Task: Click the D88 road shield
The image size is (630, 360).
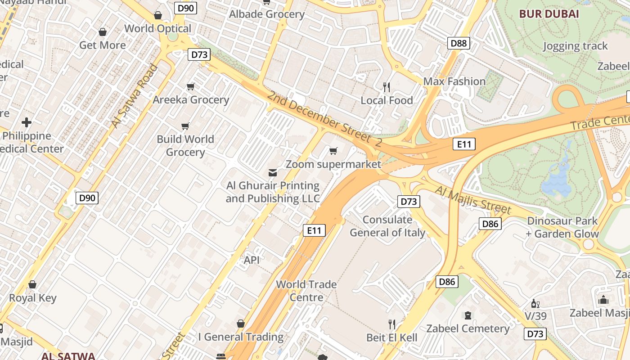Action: tap(459, 43)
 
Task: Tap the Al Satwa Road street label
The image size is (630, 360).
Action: tap(135, 96)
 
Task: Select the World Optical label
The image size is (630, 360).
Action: tap(158, 28)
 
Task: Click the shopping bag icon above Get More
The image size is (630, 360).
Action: tap(103, 32)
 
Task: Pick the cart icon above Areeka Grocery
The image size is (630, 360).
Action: tap(191, 86)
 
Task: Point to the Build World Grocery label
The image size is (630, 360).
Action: tap(185, 145)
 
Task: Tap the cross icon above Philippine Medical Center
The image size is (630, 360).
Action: tap(27, 122)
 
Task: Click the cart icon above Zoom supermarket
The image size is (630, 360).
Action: tap(333, 151)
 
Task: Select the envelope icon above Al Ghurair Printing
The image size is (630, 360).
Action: tap(273, 172)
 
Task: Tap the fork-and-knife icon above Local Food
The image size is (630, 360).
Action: tap(387, 87)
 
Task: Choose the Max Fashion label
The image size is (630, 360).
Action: tap(454, 81)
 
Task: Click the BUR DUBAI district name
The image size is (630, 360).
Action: tap(549, 13)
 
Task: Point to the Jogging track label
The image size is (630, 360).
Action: tap(575, 46)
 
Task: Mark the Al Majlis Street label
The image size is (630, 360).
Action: tap(473, 200)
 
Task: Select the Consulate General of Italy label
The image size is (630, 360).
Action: tap(387, 226)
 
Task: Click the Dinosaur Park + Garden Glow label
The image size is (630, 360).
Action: tap(562, 227)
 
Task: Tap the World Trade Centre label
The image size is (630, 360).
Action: tap(306, 291)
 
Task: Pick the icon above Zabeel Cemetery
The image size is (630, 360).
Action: tap(468, 315)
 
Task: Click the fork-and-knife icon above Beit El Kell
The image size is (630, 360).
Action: tap(392, 324)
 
